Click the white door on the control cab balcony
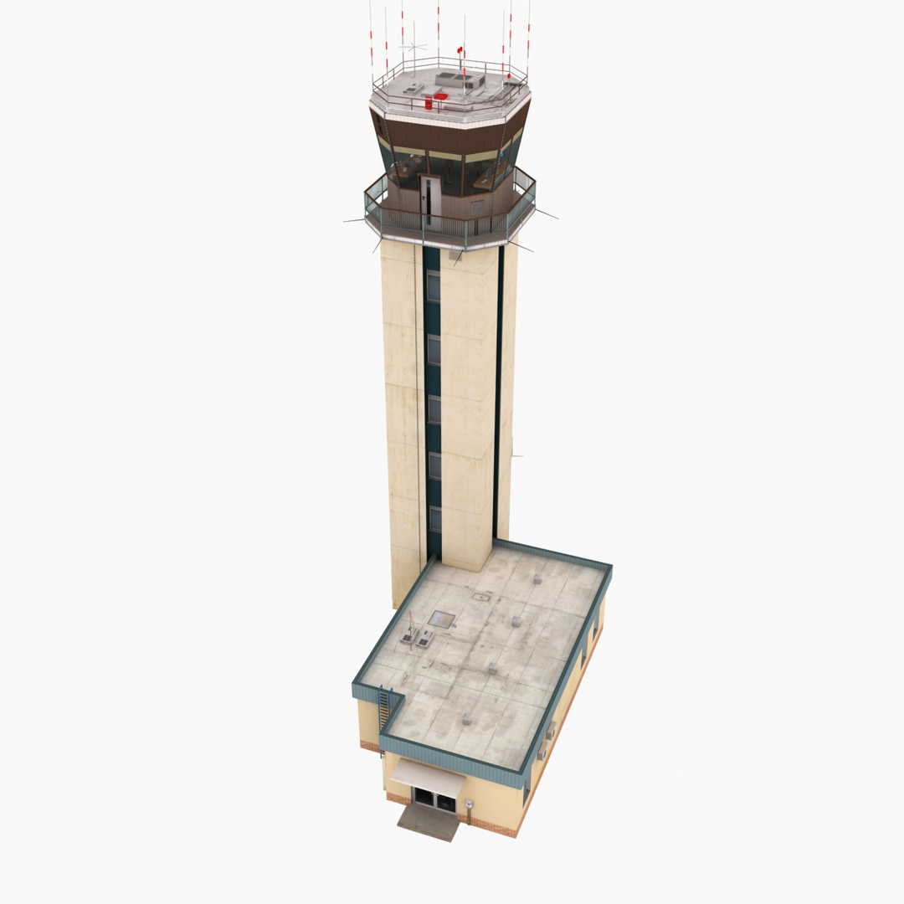pyautogui.click(x=430, y=198)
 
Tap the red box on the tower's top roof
pyautogui.click(x=429, y=103)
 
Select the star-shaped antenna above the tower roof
pyautogui.click(x=413, y=47)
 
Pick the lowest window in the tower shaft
pyautogui.click(x=434, y=519)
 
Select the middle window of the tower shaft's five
pyautogui.click(x=434, y=408)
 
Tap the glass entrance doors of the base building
pyautogui.click(x=435, y=799)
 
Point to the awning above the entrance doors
pyautogui.click(x=428, y=778)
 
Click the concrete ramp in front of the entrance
pyautogui.click(x=429, y=823)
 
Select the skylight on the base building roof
pyautogui.click(x=441, y=620)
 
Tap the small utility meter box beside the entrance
pyautogui.click(x=469, y=804)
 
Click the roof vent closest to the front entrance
pyautogui.click(x=466, y=719)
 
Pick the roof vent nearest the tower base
pyautogui.click(x=537, y=578)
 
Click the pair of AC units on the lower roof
pyautogui.click(x=417, y=639)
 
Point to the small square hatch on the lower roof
pyautogui.click(x=480, y=598)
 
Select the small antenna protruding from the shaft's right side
pyautogui.click(x=516, y=456)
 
